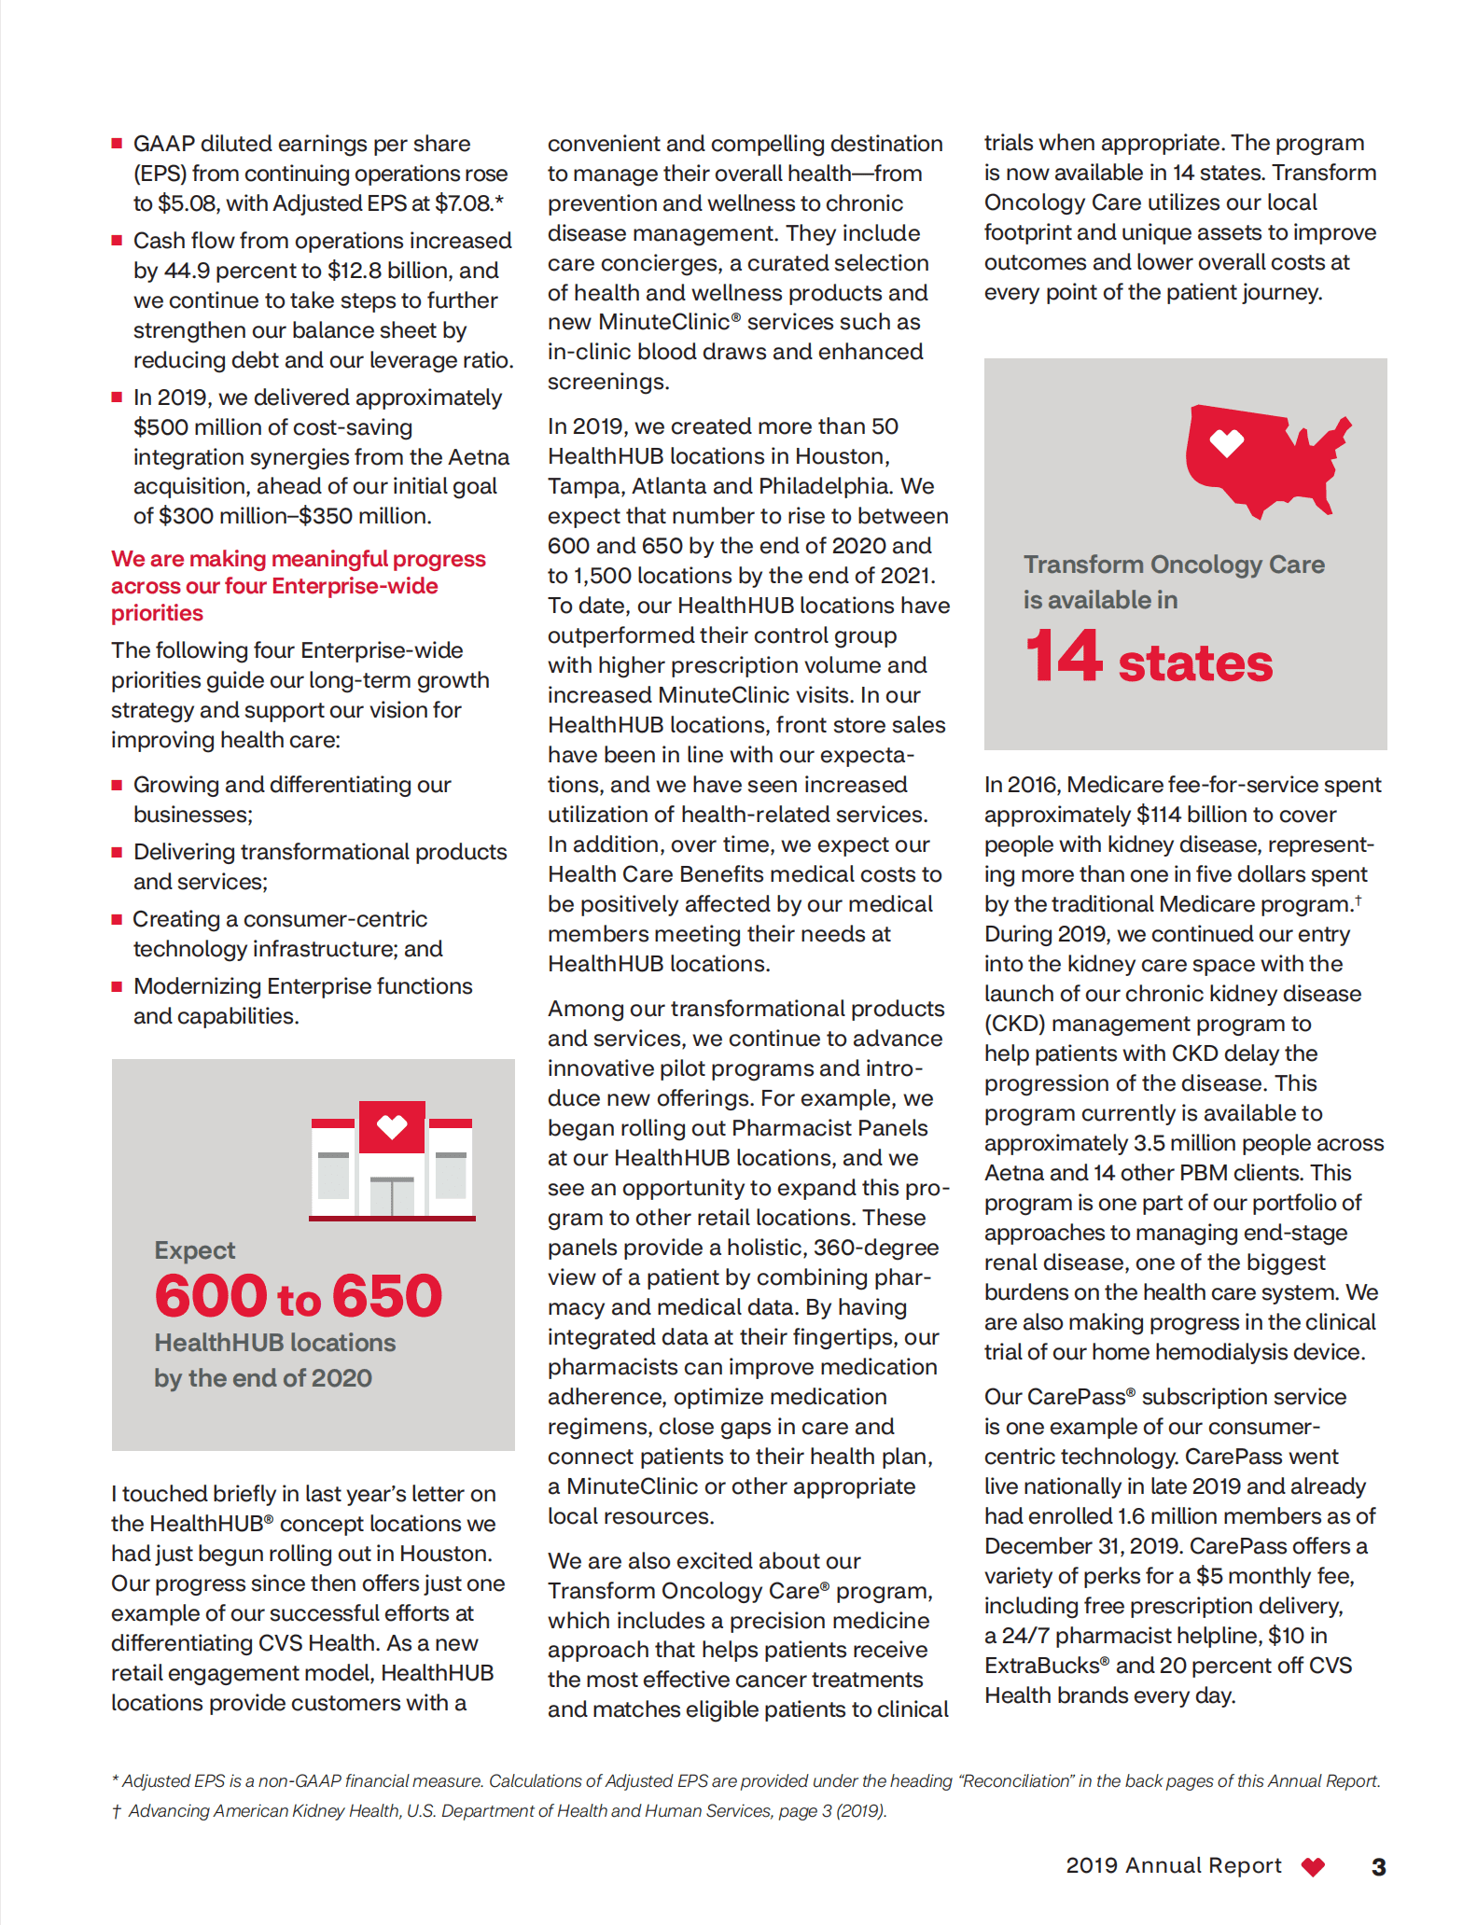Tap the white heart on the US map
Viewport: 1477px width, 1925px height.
tap(1226, 443)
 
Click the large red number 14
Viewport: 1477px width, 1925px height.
tap(1063, 657)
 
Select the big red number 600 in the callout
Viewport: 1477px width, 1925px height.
tap(211, 1296)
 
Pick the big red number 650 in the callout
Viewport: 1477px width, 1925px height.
tap(387, 1296)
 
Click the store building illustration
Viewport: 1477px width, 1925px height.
tap(392, 1161)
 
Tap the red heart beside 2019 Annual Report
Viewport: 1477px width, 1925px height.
tap(1313, 1867)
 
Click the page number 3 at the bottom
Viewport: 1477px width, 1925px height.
tap(1378, 1867)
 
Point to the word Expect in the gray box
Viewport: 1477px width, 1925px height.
tap(195, 1250)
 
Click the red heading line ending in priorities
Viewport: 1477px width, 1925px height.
tap(157, 613)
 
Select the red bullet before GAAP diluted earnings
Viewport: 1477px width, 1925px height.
tap(118, 144)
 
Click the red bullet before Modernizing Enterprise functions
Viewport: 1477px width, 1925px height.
tap(118, 986)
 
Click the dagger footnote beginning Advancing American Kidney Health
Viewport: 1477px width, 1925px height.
tap(499, 1811)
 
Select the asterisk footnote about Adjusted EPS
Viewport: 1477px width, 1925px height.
tap(746, 1781)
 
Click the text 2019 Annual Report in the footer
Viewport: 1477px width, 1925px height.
tap(1173, 1866)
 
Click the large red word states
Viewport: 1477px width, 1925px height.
tap(1195, 663)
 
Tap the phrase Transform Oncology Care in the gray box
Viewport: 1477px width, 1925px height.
tap(1174, 565)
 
